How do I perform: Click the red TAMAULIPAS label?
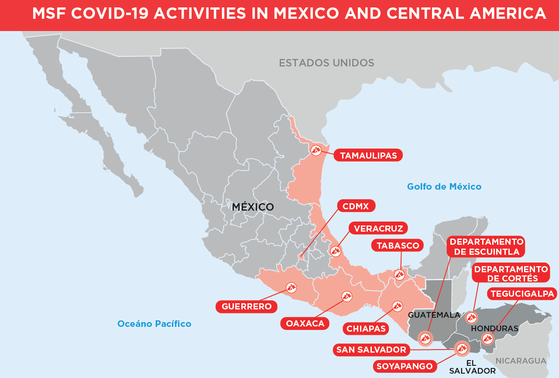[x=368, y=156]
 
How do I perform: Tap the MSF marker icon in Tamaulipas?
[x=316, y=150]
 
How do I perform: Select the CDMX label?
[x=356, y=206]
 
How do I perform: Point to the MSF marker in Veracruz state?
[x=335, y=251]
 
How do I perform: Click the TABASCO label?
[x=398, y=246]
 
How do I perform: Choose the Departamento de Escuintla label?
[x=486, y=247]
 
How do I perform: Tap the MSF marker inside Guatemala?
[x=425, y=338]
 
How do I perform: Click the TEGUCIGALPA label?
[x=522, y=294]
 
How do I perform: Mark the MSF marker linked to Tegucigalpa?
[x=487, y=338]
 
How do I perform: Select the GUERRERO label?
[x=247, y=306]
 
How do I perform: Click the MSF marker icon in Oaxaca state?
[x=347, y=296]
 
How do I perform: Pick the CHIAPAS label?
[x=366, y=329]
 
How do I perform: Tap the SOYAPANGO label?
[x=405, y=366]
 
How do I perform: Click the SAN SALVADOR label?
[x=371, y=350]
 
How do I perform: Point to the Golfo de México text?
[x=444, y=187]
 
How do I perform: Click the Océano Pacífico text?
[x=154, y=324]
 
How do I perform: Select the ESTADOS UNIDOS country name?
[x=326, y=63]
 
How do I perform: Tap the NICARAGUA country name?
[x=521, y=361]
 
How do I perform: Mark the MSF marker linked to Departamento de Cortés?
[x=471, y=318]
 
